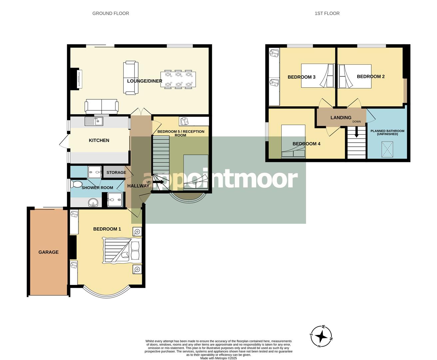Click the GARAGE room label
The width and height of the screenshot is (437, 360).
click(48, 252)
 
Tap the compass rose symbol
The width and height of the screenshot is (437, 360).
click(321, 336)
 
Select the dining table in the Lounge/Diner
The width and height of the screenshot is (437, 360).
click(177, 80)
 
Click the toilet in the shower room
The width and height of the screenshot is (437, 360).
click(77, 184)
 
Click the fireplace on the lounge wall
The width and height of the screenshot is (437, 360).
click(79, 79)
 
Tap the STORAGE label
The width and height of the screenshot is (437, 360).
click(116, 172)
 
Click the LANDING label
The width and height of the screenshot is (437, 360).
click(341, 118)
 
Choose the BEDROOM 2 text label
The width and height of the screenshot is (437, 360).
click(371, 77)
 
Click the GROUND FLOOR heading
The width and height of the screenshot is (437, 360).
click(111, 13)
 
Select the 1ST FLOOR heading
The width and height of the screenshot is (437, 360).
click(327, 13)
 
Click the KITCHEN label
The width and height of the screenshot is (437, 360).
click(99, 140)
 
